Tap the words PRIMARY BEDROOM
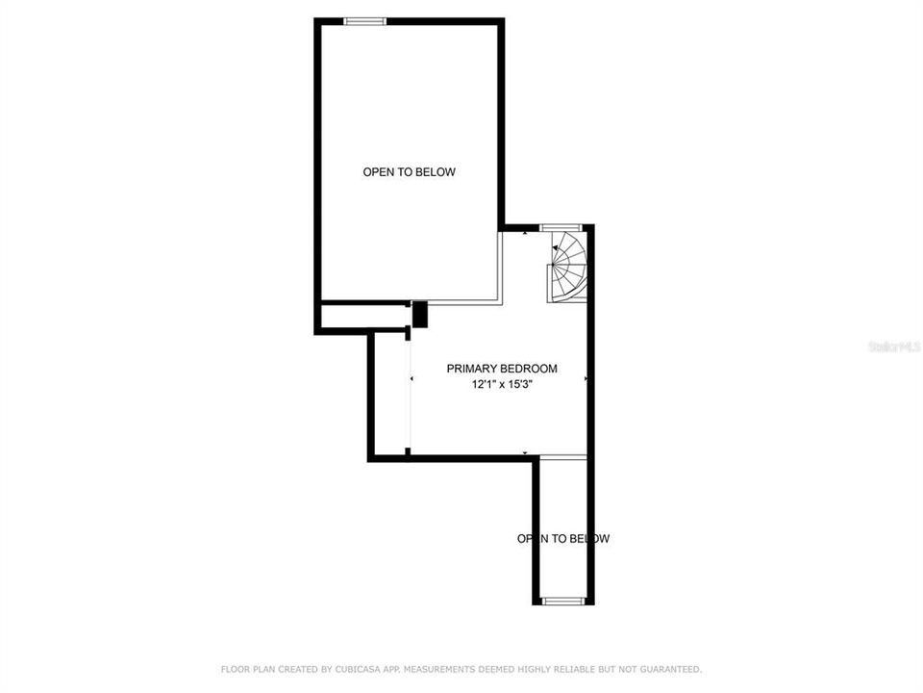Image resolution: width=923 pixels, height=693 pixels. tap(502, 369)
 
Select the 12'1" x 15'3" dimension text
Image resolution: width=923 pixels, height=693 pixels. tap(502, 384)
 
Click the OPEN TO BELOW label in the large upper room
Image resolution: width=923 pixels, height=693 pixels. tap(409, 172)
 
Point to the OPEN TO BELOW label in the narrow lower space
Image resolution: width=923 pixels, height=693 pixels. tap(563, 539)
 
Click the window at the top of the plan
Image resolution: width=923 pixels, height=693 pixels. tap(365, 21)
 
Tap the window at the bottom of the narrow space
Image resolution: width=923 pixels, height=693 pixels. tap(563, 601)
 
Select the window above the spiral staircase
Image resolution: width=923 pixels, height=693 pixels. tap(555, 227)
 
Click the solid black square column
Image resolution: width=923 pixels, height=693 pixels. tap(419, 314)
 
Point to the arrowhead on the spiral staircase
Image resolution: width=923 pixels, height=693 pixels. tap(556, 248)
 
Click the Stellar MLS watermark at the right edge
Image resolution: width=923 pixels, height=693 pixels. tap(894, 345)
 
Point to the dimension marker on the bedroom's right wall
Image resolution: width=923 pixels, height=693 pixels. tap(586, 379)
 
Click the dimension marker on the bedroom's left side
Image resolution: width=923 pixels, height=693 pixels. tap(412, 379)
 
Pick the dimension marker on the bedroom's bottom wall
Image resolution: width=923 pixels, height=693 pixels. tap(525, 452)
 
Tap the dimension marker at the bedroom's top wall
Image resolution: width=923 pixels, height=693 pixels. tap(524, 232)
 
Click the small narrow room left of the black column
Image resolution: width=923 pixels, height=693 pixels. tap(363, 317)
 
